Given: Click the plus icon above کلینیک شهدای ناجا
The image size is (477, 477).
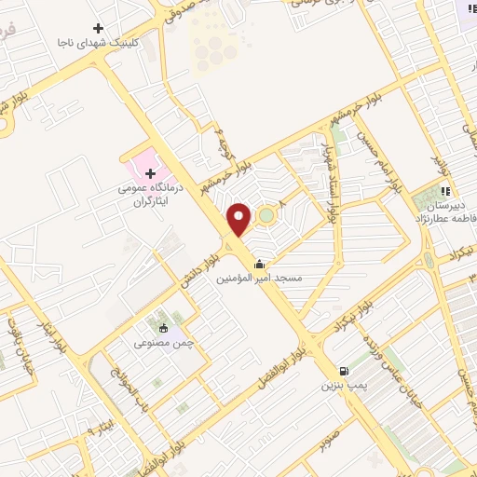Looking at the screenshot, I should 99,29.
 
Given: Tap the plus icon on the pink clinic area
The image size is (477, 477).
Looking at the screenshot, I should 150,173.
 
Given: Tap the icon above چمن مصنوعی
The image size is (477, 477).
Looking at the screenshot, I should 164,327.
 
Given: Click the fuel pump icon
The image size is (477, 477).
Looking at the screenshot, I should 345,370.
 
